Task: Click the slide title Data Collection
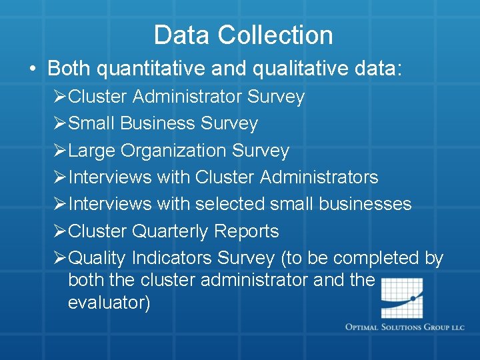pos(243,35)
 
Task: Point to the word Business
pos(159,123)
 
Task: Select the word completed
pos(378,258)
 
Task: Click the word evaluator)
pos(109,303)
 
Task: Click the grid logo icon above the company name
pos(402,297)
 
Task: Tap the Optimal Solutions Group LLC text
pos(405,327)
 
